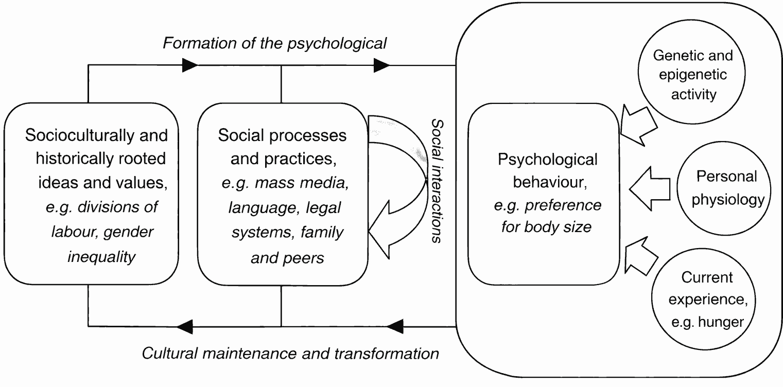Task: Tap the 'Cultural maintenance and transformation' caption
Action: [290, 354]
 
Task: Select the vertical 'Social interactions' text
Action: [437, 181]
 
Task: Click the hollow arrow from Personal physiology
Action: [650, 189]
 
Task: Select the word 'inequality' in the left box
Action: [101, 257]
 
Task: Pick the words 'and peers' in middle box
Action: [287, 258]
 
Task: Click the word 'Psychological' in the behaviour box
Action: [547, 160]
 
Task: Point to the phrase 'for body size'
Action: [546, 227]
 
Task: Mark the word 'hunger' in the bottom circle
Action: [721, 322]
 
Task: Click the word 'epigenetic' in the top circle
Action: [693, 75]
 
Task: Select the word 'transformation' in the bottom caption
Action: [387, 354]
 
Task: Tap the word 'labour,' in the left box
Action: [75, 232]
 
